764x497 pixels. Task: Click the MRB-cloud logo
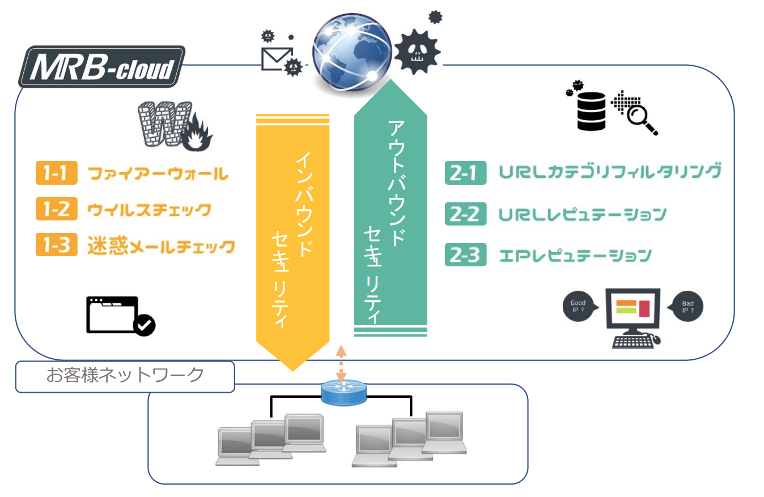[102, 67]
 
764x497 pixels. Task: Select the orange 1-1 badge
[56, 173]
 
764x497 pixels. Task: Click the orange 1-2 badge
[56, 210]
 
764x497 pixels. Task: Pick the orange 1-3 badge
[56, 245]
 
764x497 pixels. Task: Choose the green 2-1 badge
[465, 173]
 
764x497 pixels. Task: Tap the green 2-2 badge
[465, 214]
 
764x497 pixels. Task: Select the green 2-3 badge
[465, 256]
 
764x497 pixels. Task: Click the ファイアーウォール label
[158, 173]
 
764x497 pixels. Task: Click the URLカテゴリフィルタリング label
[610, 172]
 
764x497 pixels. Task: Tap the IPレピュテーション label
[575, 256]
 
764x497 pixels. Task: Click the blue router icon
[343, 392]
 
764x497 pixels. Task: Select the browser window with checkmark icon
[120, 316]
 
